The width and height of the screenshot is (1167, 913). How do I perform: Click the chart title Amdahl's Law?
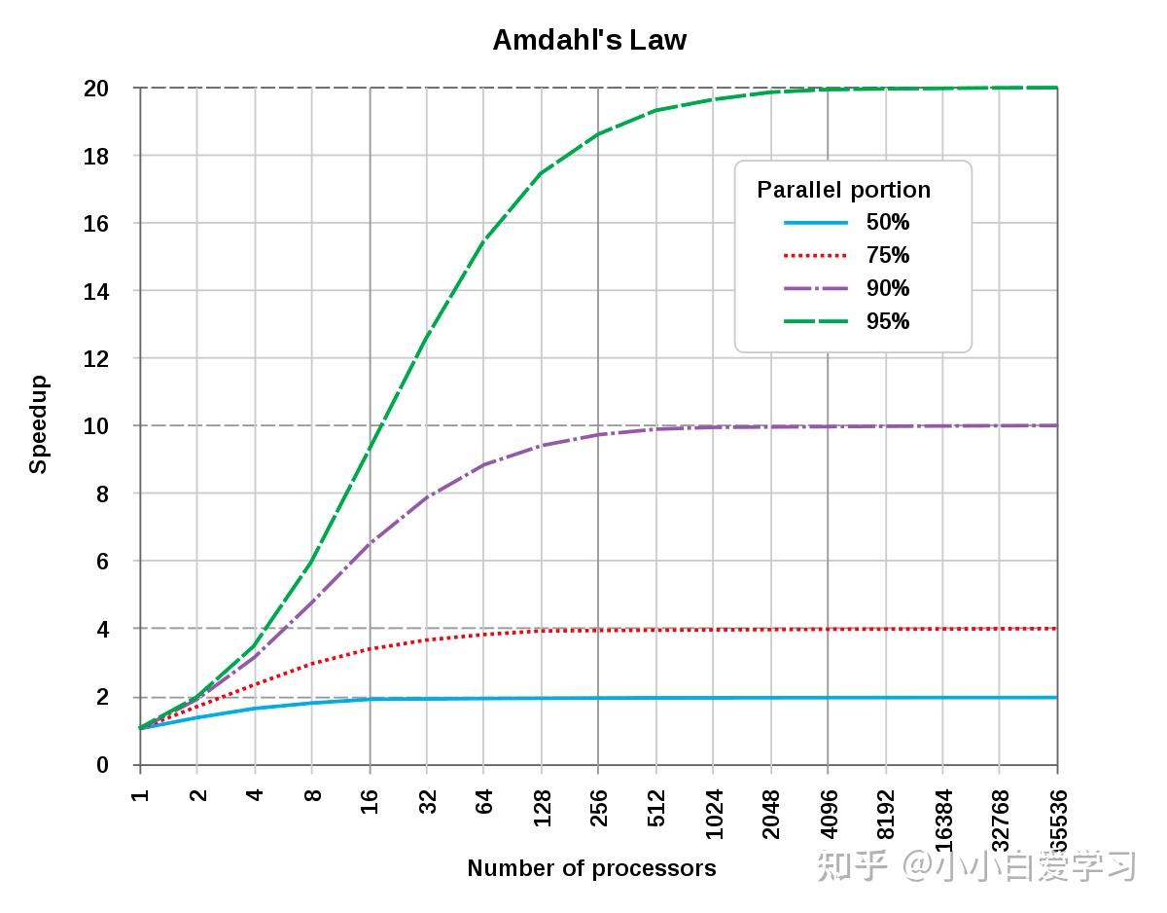[589, 40]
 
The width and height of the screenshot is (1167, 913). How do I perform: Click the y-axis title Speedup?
[38, 424]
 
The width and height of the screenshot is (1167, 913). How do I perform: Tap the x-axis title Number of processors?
[591, 868]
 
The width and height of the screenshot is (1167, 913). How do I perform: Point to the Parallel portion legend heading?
[843, 190]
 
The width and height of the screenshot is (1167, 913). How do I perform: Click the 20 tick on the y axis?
[95, 89]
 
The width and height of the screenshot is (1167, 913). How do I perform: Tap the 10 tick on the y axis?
[95, 426]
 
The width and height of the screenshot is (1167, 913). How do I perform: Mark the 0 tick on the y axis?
[101, 765]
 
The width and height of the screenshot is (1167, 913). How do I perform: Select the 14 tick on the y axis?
[95, 291]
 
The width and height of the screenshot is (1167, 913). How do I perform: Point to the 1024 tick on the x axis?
[714, 813]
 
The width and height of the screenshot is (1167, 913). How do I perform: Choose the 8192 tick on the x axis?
[886, 813]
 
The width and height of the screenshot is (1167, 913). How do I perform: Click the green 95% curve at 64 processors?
[484, 240]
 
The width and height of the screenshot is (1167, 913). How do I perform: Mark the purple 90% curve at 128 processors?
[542, 445]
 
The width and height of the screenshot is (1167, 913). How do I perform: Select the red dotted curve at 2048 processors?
[771, 630]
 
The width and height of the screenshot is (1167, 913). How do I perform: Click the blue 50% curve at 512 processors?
[656, 698]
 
